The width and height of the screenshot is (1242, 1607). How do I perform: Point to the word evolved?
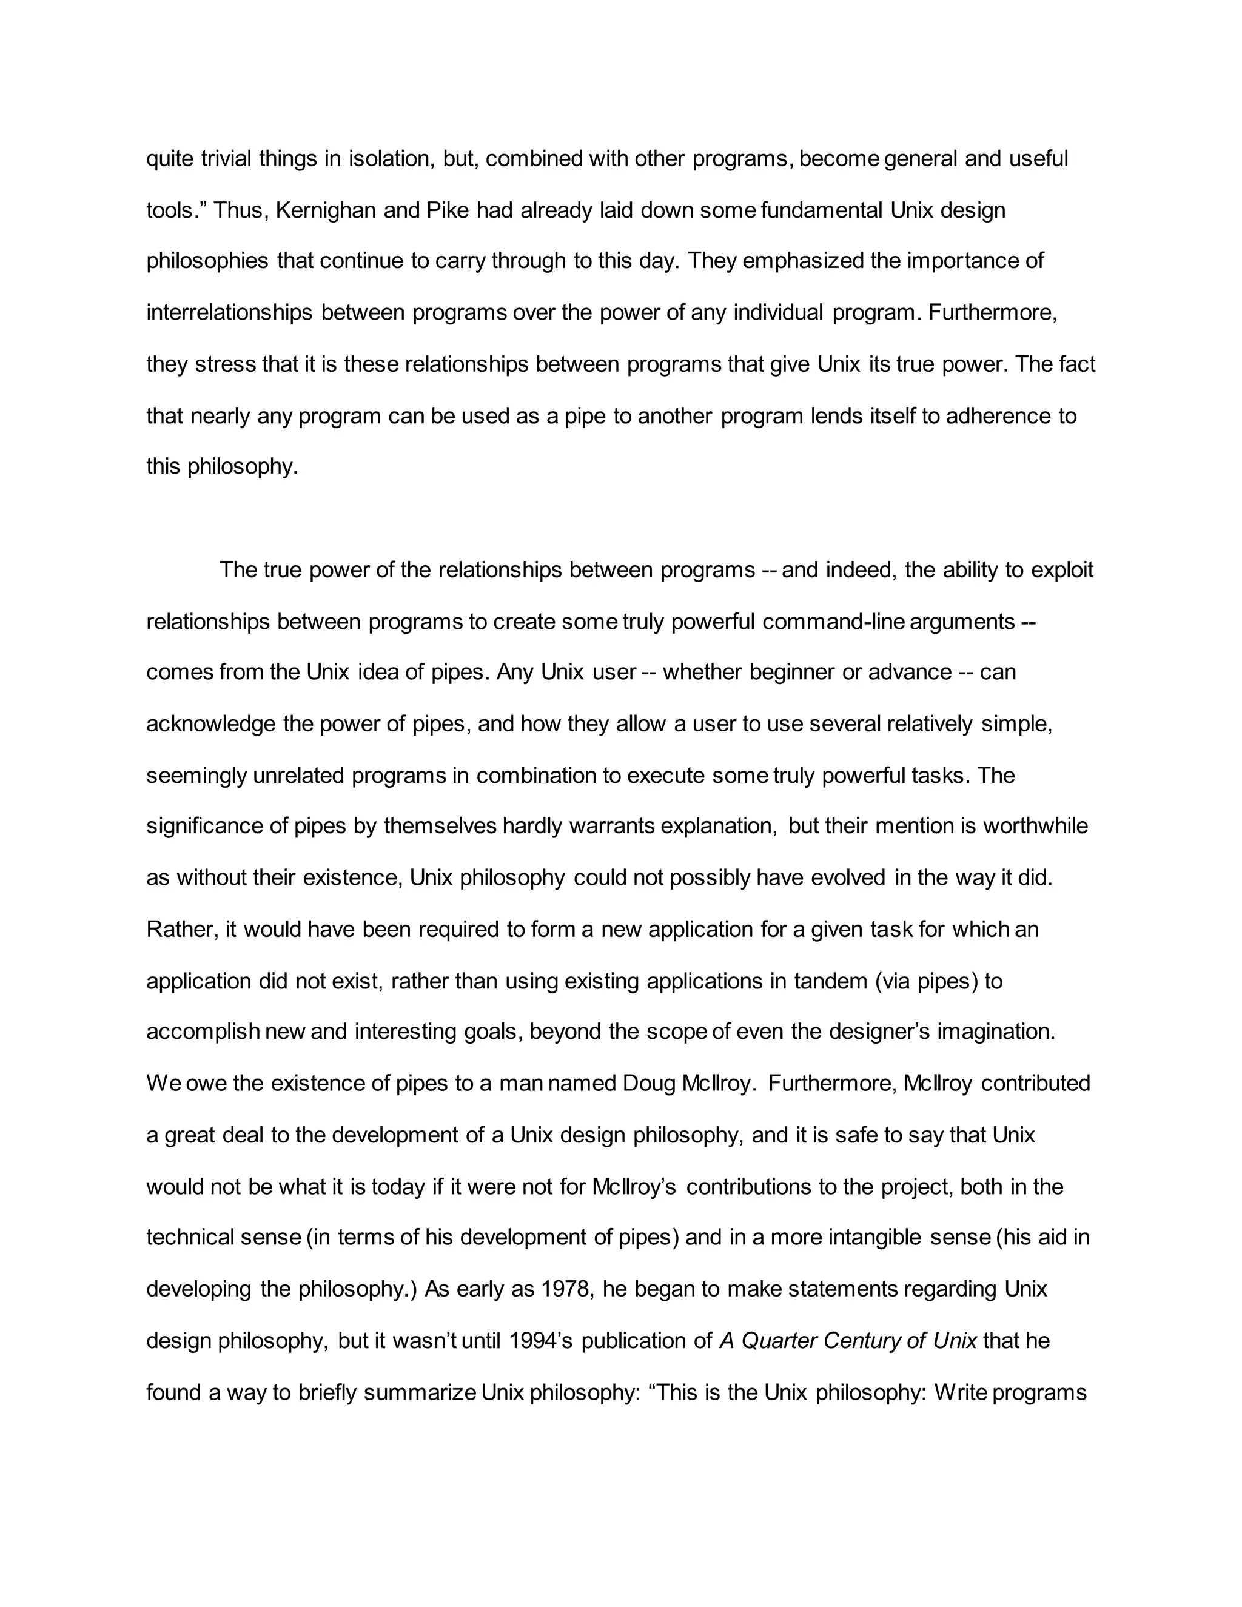pyautogui.click(x=848, y=878)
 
